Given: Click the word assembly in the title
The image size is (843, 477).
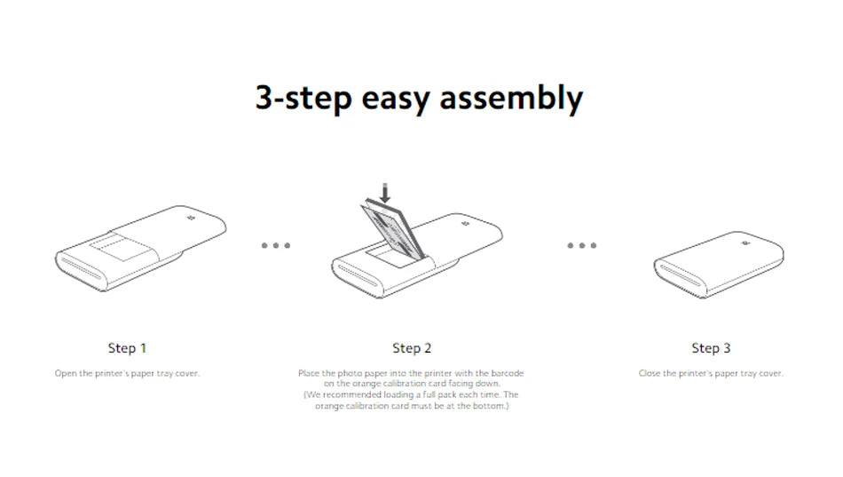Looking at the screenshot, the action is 511,99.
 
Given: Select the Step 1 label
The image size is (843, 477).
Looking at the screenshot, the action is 127,348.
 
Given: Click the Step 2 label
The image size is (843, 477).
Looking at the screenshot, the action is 412,348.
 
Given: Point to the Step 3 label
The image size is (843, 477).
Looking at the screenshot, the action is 711,348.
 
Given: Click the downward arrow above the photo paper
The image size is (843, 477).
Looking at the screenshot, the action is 385,193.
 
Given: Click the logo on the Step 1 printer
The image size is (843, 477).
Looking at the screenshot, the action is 190,218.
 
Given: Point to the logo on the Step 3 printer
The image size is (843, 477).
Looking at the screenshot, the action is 745,243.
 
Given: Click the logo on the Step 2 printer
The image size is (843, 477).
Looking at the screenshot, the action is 466,224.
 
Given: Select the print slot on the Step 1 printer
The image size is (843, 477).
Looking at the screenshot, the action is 81,268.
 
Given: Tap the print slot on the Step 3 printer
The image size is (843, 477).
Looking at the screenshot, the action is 681,275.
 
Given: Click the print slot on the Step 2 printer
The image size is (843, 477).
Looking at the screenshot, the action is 357,274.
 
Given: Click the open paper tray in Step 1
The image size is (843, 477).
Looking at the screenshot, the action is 120,247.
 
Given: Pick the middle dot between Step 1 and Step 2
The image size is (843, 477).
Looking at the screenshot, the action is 276,245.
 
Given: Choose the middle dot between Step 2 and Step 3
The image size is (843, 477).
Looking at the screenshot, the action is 582,245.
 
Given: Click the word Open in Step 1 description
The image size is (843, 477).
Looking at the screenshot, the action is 66,373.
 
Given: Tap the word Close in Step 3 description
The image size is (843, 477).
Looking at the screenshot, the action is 649,373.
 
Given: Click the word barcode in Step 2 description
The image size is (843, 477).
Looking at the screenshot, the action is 507,373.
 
